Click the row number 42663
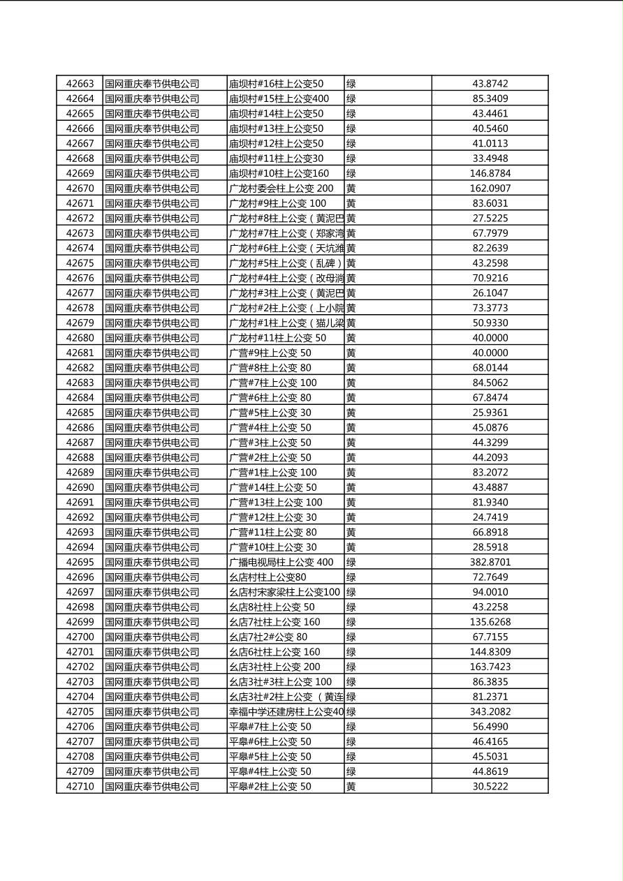tap(80, 84)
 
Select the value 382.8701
tap(490, 563)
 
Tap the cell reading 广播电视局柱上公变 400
tap(281, 563)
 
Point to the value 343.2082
tap(490, 712)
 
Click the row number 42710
tap(80, 787)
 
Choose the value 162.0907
tap(490, 188)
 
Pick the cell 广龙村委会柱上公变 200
tap(281, 188)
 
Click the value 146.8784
tap(490, 173)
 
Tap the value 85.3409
tap(490, 99)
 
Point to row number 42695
tap(80, 563)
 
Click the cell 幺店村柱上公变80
tap(267, 577)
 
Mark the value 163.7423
tap(490, 667)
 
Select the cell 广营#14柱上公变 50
tap(272, 488)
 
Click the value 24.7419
tap(490, 517)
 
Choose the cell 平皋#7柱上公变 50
tap(270, 727)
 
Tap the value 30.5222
tap(490, 787)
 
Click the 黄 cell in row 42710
tap(351, 787)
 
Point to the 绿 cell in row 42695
tap(351, 563)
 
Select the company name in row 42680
tap(152, 338)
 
